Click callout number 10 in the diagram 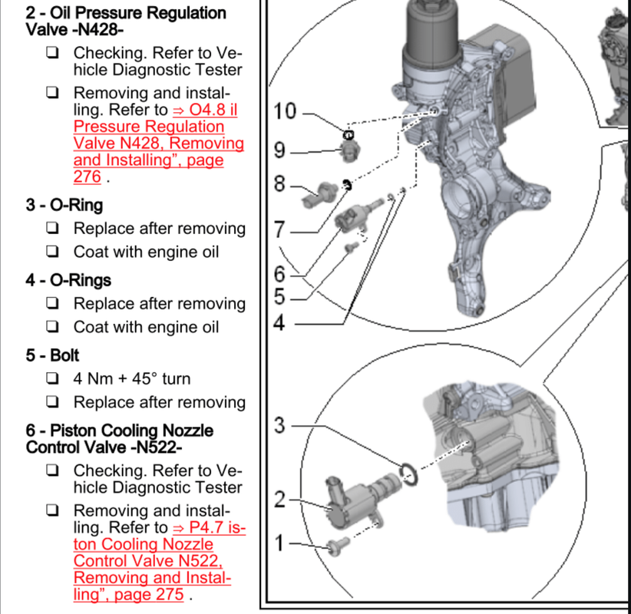[x=284, y=112]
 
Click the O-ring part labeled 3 [x=408, y=473]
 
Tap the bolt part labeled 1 [x=335, y=546]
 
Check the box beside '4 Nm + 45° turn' [x=52, y=378]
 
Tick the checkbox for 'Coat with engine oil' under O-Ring [x=52, y=252]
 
